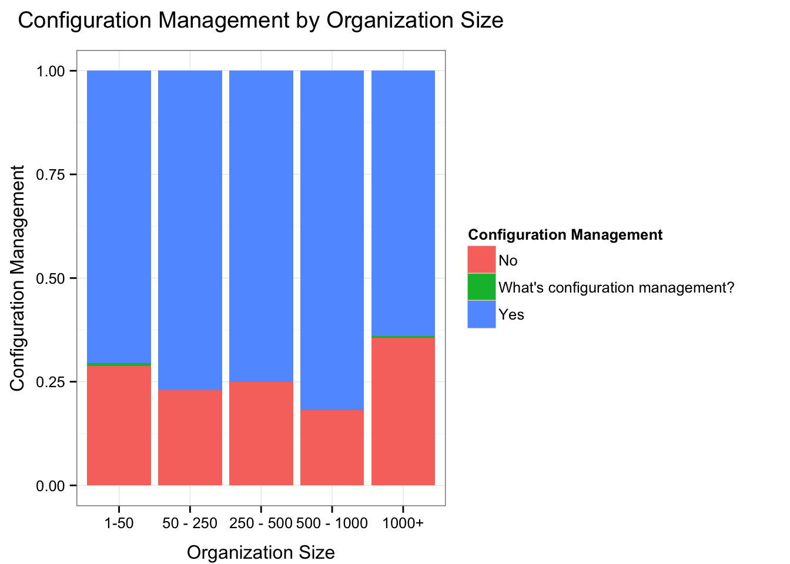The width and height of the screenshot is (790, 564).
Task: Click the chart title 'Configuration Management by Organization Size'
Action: click(260, 21)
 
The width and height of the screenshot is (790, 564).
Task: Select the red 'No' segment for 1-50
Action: click(119, 425)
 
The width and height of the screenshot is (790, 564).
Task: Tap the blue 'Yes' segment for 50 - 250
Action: click(190, 230)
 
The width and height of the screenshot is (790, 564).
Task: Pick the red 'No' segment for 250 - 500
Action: click(261, 433)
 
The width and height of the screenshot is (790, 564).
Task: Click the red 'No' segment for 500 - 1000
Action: click(332, 447)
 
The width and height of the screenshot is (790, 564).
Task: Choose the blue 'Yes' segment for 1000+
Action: click(403, 203)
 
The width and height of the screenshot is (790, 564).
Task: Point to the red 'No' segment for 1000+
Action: click(403, 411)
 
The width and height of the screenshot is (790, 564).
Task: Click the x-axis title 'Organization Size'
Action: click(260, 553)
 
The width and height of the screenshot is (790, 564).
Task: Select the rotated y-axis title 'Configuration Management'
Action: click(18, 278)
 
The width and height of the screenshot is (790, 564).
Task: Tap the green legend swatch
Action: click(481, 287)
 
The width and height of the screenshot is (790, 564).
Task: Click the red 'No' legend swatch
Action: click(481, 260)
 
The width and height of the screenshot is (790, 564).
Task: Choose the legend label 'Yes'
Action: click(511, 315)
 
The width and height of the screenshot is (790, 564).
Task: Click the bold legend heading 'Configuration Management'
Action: click(565, 235)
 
